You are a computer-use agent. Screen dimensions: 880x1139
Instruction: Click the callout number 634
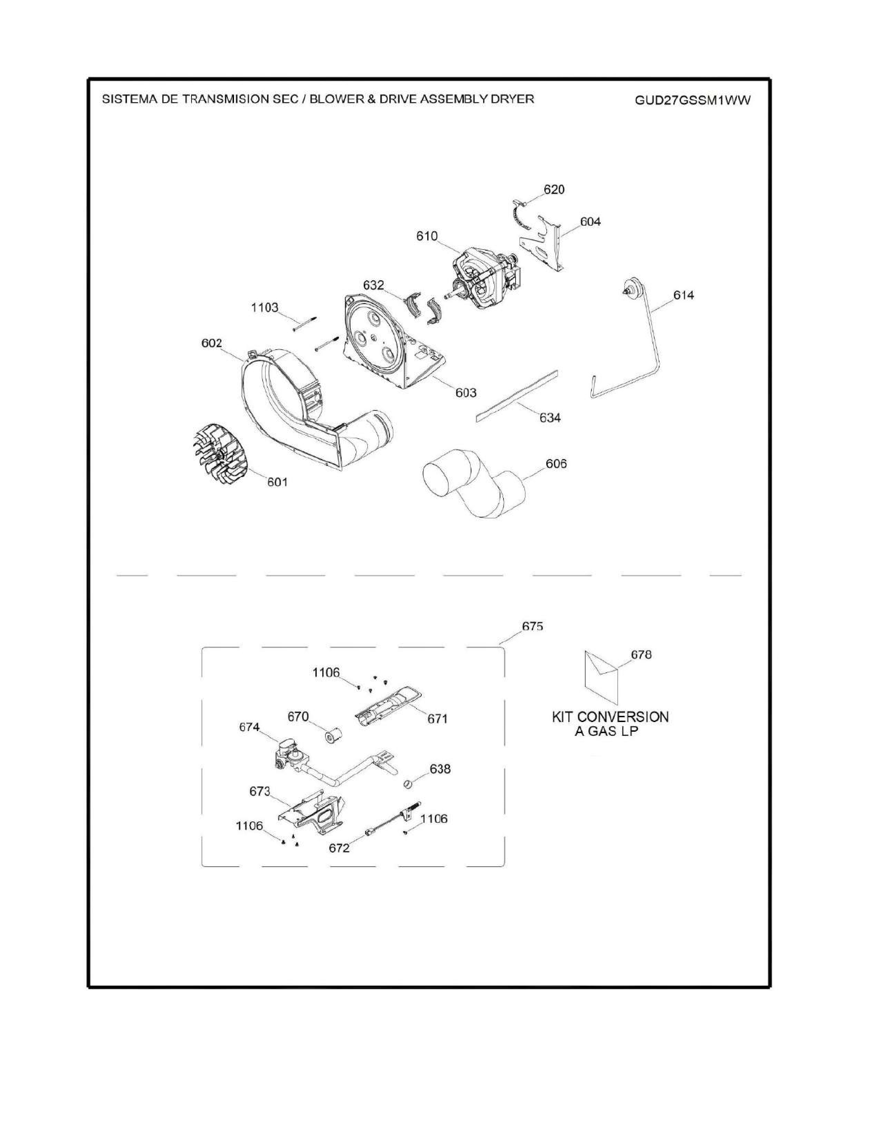tap(550, 418)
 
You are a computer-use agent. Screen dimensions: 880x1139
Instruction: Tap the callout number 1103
tap(264, 308)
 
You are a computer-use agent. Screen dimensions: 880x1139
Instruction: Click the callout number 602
tap(212, 343)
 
